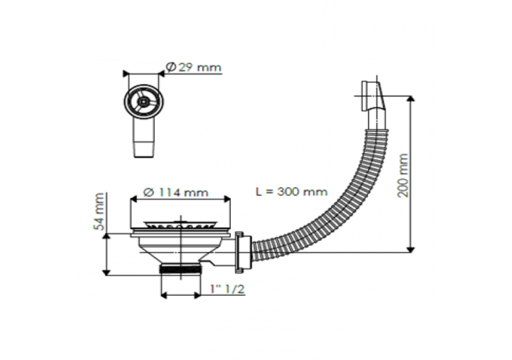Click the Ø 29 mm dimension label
(194, 67)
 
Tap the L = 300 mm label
(291, 192)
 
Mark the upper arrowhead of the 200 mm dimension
(411, 99)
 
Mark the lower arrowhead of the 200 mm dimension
(411, 249)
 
